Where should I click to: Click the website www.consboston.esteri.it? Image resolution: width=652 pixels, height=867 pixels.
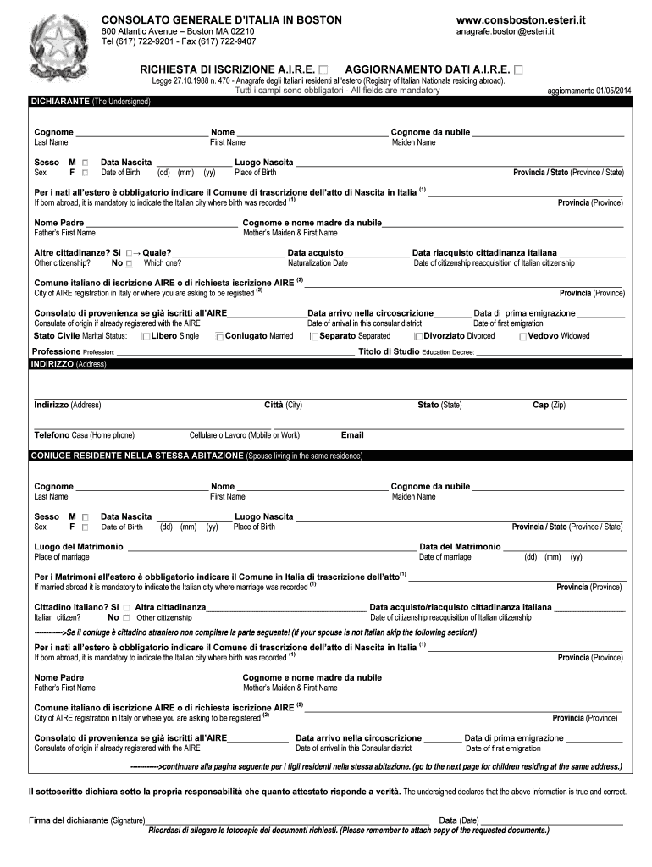click(521, 19)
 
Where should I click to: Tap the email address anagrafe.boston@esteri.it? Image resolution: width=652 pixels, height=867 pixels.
click(505, 31)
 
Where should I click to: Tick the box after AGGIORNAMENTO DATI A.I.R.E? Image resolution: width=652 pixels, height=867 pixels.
click(518, 69)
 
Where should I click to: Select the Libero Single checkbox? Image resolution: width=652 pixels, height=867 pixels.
click(146, 337)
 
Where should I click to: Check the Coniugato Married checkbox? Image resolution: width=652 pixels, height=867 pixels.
click(220, 337)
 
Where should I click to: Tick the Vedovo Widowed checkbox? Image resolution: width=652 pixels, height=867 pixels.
click(522, 337)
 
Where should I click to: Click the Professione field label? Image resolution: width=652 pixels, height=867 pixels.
click(58, 351)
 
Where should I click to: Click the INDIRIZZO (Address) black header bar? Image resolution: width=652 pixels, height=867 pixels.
click(326, 364)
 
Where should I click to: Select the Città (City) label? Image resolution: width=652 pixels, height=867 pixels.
click(283, 405)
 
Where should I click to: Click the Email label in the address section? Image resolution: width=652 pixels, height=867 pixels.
click(352, 435)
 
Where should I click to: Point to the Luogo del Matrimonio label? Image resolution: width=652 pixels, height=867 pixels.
click(78, 547)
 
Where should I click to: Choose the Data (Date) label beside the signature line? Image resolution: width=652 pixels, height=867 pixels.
click(458, 820)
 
